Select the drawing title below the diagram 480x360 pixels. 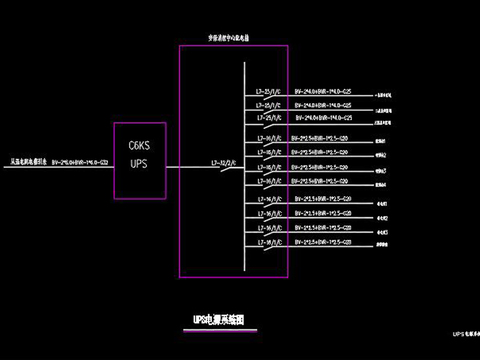(x=226, y=320)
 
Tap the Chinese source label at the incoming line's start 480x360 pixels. (x=30, y=160)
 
